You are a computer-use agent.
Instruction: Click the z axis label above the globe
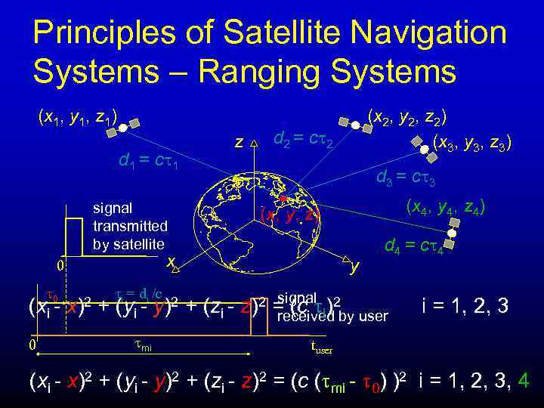pyautogui.click(x=239, y=141)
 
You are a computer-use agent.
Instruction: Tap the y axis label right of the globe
pyautogui.click(x=354, y=266)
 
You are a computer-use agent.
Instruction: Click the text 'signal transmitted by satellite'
pyautogui.click(x=129, y=225)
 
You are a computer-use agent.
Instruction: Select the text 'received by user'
pyautogui.click(x=332, y=316)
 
